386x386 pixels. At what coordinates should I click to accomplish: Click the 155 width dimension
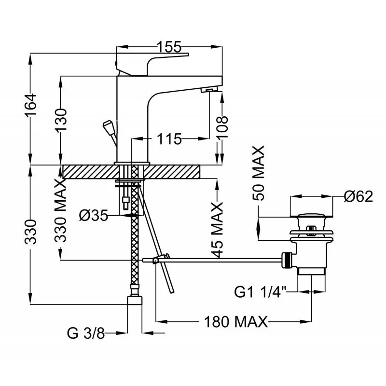(x=169, y=47)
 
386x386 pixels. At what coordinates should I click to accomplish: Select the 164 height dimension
(x=31, y=104)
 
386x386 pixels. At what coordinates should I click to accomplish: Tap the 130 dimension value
(x=61, y=120)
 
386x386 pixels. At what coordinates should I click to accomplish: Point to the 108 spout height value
(x=222, y=127)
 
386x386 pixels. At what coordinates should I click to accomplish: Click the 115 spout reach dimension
(x=169, y=139)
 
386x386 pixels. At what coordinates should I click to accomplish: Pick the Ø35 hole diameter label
(x=94, y=216)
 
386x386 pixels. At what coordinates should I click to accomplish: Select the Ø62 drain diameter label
(x=358, y=196)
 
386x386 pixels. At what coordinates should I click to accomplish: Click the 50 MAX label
(x=259, y=173)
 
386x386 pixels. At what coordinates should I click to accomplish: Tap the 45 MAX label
(x=218, y=230)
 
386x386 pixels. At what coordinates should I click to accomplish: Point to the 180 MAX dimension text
(x=236, y=321)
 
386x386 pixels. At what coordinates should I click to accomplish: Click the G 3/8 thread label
(x=86, y=333)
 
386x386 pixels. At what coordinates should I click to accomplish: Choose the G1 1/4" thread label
(x=261, y=292)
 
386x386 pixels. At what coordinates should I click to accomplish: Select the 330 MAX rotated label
(x=61, y=211)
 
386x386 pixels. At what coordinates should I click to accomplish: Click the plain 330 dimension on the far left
(x=31, y=232)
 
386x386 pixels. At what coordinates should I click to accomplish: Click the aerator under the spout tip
(x=210, y=90)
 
